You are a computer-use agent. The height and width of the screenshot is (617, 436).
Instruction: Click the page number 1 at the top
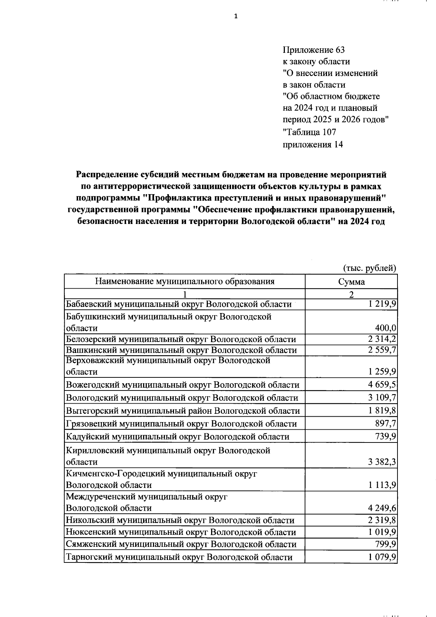[x=236, y=16]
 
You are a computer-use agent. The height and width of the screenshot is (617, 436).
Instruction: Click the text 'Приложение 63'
[x=313, y=50]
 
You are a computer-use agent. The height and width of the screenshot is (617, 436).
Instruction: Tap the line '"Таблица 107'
[x=309, y=132]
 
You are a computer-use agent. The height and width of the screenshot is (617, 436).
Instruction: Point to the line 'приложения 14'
[x=312, y=144]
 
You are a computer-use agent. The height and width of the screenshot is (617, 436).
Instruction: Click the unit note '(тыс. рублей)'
[x=369, y=268]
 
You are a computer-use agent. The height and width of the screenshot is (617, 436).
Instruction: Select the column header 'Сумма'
[x=351, y=281]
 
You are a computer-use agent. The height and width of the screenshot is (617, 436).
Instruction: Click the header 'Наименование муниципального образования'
[x=185, y=281]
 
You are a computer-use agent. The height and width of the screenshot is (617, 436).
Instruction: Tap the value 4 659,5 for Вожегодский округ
[x=381, y=385]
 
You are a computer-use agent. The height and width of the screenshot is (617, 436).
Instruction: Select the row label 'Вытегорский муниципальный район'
[x=183, y=411]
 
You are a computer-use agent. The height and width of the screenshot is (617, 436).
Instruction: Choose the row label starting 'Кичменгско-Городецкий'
[x=161, y=474]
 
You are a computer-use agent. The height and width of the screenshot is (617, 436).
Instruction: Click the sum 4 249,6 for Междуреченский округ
[x=381, y=508]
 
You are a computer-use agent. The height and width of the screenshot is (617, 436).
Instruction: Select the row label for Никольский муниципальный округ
[x=180, y=520]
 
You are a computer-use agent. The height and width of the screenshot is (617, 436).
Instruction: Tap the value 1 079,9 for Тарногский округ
[x=381, y=557]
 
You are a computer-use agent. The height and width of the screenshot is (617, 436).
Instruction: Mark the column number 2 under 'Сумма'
[x=351, y=295]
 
